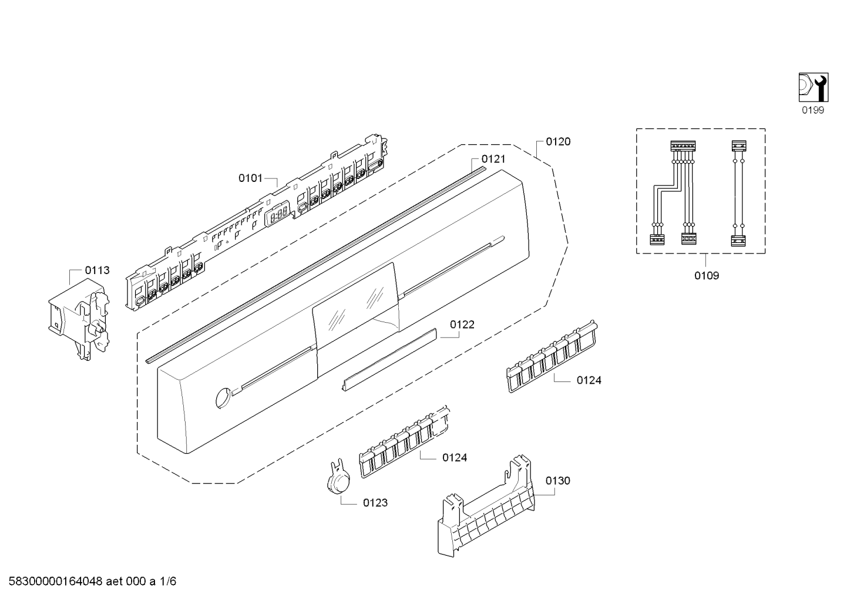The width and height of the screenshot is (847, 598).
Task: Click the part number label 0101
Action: pos(250,178)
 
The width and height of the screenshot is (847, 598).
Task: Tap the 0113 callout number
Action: pos(97,271)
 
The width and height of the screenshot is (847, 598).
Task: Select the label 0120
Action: pos(558,141)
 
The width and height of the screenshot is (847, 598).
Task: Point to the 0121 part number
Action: pos(493,159)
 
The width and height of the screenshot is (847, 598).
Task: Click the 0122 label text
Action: pos(462,325)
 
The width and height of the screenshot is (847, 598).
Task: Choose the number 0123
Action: pos(375,503)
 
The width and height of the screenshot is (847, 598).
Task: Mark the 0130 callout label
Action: pos(557,481)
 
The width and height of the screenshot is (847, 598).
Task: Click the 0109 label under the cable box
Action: pos(707,276)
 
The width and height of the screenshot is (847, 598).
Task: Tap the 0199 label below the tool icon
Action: pos(814,110)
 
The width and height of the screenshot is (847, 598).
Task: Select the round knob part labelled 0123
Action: pos(338,481)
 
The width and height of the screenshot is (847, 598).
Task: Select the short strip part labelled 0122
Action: pos(390,359)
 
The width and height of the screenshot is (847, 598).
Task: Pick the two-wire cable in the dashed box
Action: pos(738,194)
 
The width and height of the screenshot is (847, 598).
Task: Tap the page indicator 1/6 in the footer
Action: pos(168,582)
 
